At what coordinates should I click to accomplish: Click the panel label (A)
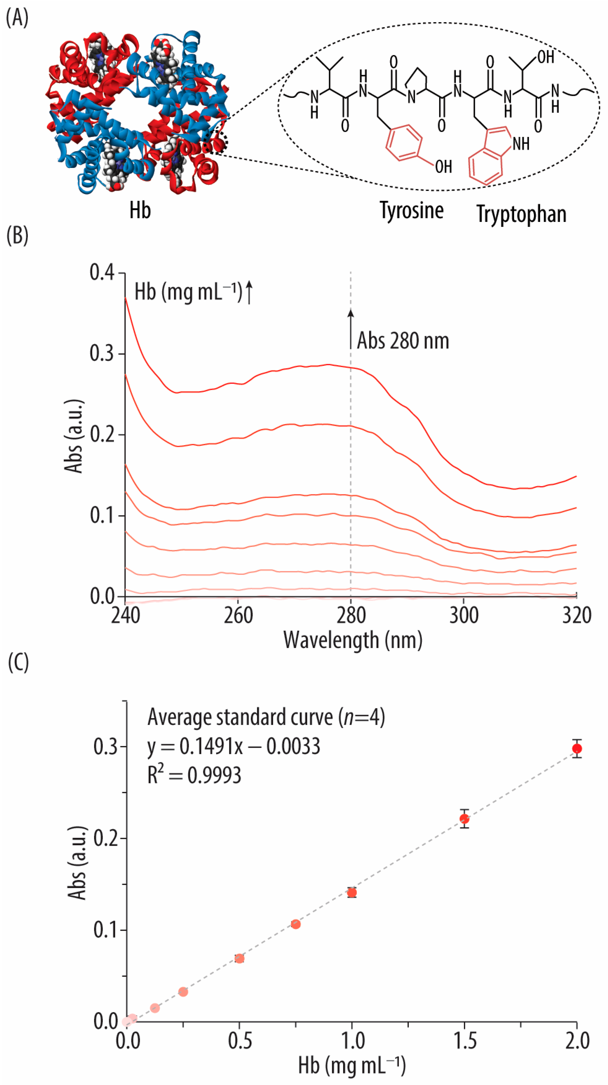tap(17, 18)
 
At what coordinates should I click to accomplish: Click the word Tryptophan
tap(521, 214)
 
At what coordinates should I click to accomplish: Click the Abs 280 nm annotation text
tap(403, 341)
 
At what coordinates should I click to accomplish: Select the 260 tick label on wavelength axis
tap(238, 615)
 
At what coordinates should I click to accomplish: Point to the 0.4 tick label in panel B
tap(102, 273)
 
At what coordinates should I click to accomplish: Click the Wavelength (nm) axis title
tap(353, 640)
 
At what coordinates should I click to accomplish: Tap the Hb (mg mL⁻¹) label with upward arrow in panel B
tap(193, 292)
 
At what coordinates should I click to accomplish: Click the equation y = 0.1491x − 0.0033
tap(233, 746)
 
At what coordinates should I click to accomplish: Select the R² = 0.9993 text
tap(194, 775)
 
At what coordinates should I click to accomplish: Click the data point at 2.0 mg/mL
tap(577, 749)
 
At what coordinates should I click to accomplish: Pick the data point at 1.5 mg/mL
tap(464, 819)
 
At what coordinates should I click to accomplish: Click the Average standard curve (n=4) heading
tap(266, 717)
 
